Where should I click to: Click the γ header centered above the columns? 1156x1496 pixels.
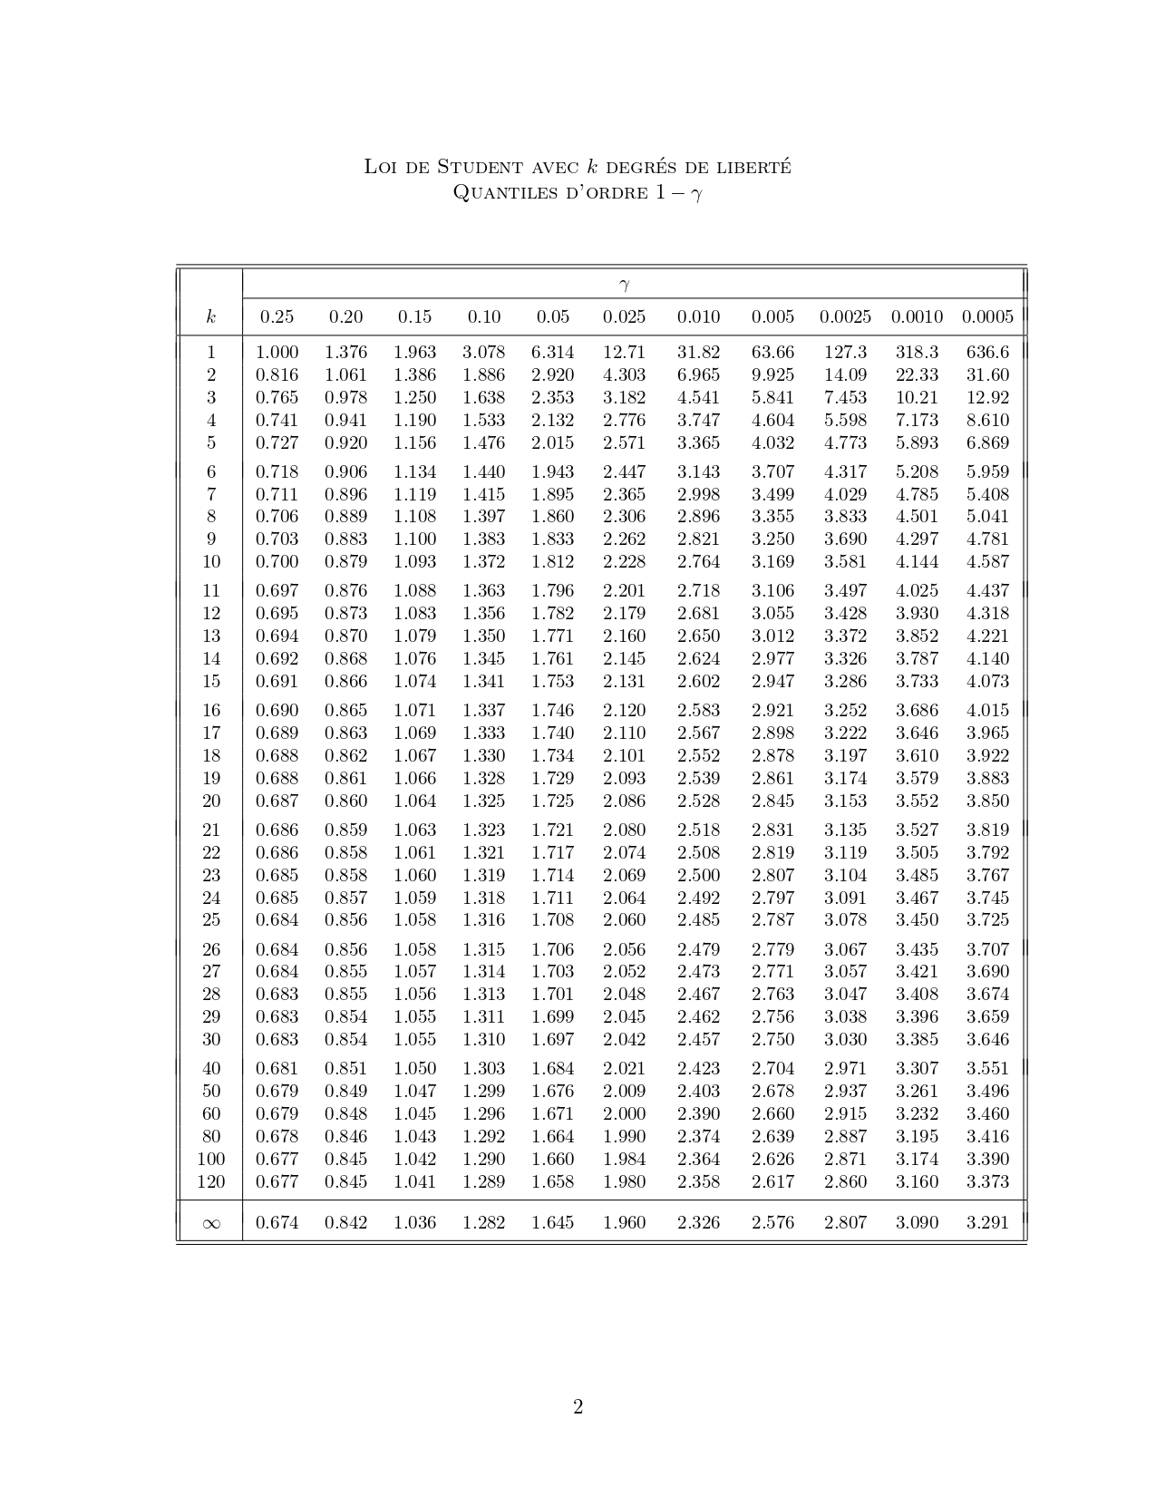[x=624, y=285]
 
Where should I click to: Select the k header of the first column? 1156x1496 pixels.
[x=210, y=316]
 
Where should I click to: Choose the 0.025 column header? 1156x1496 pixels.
[x=624, y=316]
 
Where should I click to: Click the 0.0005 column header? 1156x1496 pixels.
[x=987, y=316]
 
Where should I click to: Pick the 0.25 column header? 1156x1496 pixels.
[x=277, y=316]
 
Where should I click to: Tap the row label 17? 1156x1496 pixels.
[x=210, y=733]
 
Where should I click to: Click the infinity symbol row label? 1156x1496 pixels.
[x=210, y=1223]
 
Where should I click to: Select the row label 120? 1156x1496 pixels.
[x=210, y=1181]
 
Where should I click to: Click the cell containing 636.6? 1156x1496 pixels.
[x=987, y=352]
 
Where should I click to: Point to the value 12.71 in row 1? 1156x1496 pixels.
[x=624, y=352]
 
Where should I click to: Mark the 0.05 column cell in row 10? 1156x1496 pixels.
[x=552, y=561]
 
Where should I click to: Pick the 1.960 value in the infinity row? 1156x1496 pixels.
[x=624, y=1222]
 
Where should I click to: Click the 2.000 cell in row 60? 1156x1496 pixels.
[x=624, y=1113]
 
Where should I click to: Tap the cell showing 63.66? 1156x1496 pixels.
[x=772, y=352]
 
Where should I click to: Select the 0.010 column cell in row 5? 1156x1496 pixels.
[x=698, y=442]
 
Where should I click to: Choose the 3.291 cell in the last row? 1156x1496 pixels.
[x=987, y=1222]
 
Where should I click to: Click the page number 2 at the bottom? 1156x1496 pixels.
[x=578, y=1407]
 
